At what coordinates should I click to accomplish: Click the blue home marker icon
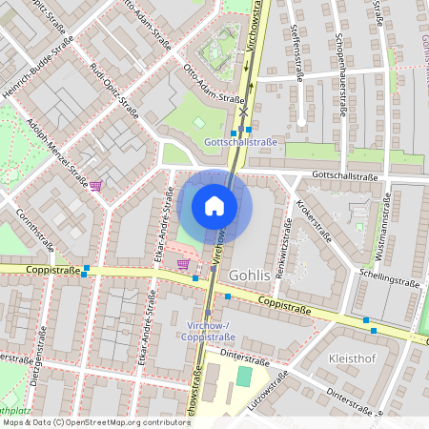click(x=214, y=206)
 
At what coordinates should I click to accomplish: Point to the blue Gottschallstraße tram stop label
click(x=240, y=142)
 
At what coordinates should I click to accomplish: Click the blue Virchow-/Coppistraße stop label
click(x=208, y=331)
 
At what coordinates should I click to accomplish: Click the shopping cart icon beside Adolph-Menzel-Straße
click(x=95, y=185)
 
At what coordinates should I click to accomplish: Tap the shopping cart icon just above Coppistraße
click(x=183, y=263)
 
